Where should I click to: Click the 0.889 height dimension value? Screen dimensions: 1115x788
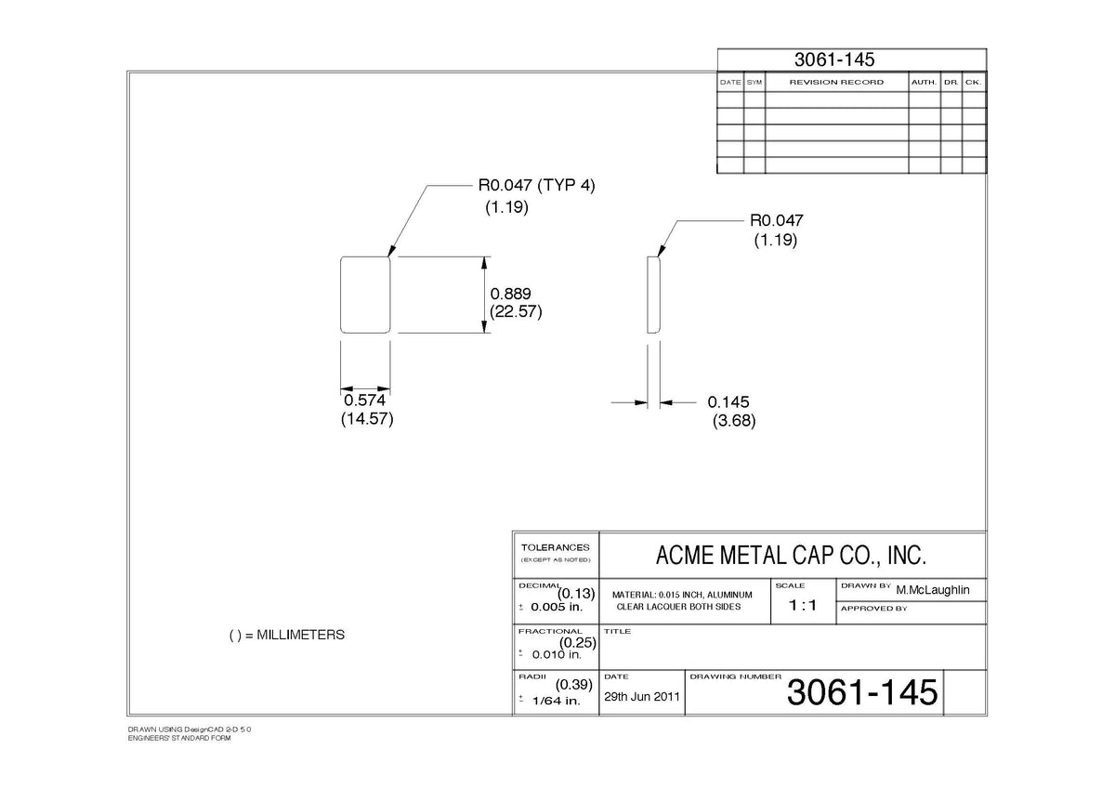click(x=510, y=294)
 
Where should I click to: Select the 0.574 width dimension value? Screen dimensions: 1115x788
click(x=364, y=401)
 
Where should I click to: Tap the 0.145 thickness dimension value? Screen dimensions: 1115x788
click(x=728, y=402)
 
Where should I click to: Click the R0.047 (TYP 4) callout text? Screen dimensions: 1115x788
click(x=537, y=185)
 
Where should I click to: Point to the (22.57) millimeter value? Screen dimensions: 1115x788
click(x=516, y=311)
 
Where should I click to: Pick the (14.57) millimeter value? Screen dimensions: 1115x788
click(x=367, y=419)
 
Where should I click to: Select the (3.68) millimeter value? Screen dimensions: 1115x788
click(x=734, y=421)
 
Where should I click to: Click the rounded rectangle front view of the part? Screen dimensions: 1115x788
click(x=340, y=295)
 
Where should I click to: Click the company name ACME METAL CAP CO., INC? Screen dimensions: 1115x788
click(x=791, y=555)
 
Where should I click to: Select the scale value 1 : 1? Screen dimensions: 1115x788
click(x=803, y=605)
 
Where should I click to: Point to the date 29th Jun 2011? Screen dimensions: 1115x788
click(x=642, y=696)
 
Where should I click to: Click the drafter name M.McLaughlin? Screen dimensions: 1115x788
click(x=933, y=590)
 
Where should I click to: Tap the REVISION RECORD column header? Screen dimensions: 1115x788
click(x=836, y=82)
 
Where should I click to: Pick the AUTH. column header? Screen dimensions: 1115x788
click(x=924, y=82)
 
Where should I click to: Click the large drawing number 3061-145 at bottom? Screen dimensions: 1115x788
click(x=862, y=692)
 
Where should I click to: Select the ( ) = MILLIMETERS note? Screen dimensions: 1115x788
click(x=287, y=636)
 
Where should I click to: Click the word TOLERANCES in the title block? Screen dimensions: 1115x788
click(x=555, y=547)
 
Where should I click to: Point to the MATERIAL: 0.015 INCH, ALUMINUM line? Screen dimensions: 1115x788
click(x=682, y=595)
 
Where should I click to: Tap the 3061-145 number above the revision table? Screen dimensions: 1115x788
click(x=834, y=59)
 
